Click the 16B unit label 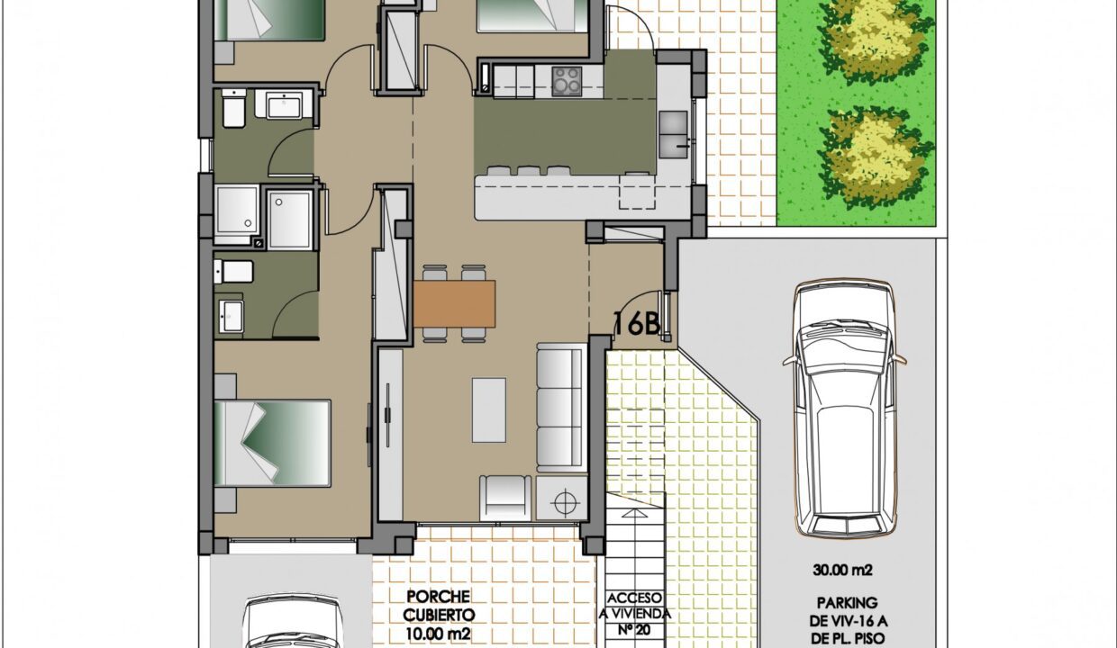(x=637, y=324)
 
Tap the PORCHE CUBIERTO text (x=439, y=605)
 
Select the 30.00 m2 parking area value (x=843, y=570)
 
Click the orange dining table (x=454, y=304)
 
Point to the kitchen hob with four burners (x=567, y=81)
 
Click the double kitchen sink (x=673, y=134)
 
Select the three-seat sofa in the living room (x=560, y=408)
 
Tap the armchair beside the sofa (x=505, y=498)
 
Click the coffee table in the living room (x=488, y=409)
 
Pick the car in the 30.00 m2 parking (x=845, y=409)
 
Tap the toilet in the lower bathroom (x=233, y=272)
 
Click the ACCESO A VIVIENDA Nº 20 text (x=635, y=614)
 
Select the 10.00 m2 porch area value (x=439, y=634)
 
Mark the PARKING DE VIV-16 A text (x=847, y=612)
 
